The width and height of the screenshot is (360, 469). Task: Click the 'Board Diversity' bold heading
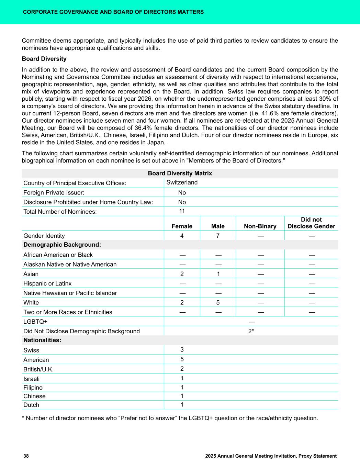pos(44,59)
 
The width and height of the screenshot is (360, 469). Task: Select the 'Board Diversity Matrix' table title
pos(180,173)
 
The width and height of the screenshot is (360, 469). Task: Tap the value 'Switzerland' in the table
pos(182,182)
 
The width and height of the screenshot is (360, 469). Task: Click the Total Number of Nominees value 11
pos(182,211)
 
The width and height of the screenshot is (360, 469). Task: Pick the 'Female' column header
pos(182,226)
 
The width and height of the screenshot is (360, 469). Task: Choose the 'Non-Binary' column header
pos(260,226)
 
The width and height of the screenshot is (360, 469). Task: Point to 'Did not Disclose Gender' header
pos(311,223)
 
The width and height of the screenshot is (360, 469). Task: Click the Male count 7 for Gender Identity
pos(218,236)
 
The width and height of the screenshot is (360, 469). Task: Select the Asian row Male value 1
pos(218,274)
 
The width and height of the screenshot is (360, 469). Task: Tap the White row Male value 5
pos(218,303)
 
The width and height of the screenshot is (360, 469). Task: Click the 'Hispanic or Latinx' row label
pos(47,283)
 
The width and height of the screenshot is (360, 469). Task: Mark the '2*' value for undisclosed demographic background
pos(251,331)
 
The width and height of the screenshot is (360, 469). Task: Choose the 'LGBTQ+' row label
pos(35,322)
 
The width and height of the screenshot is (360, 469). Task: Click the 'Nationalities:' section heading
pos(42,340)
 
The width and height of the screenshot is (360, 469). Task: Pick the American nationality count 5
pos(182,359)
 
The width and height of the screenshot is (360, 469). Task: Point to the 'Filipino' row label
pos(33,388)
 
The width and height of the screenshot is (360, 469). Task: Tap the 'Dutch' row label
pos(31,405)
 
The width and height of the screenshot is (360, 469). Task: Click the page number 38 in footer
pos(26,456)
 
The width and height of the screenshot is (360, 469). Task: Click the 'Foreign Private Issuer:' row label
pos(54,193)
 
